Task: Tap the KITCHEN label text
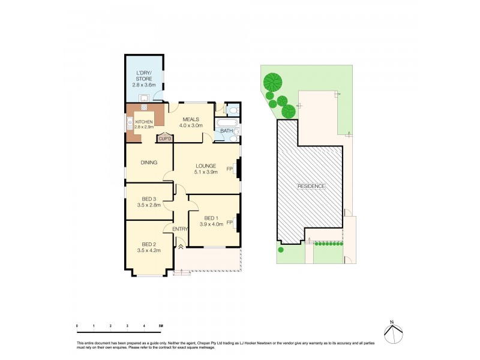pos(144,122)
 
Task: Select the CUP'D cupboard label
pos(165,139)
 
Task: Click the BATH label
pos(226,130)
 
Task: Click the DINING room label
pos(149,162)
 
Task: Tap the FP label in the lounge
pos(229,170)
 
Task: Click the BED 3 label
pos(149,199)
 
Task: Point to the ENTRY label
pos(180,229)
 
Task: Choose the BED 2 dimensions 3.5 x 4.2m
pos(149,250)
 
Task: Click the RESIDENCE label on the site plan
pos(311,186)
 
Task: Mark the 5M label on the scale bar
pos(161,326)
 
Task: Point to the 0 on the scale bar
pos(77,326)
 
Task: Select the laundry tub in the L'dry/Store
pos(144,98)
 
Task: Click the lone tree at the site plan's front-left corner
pos(280,250)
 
